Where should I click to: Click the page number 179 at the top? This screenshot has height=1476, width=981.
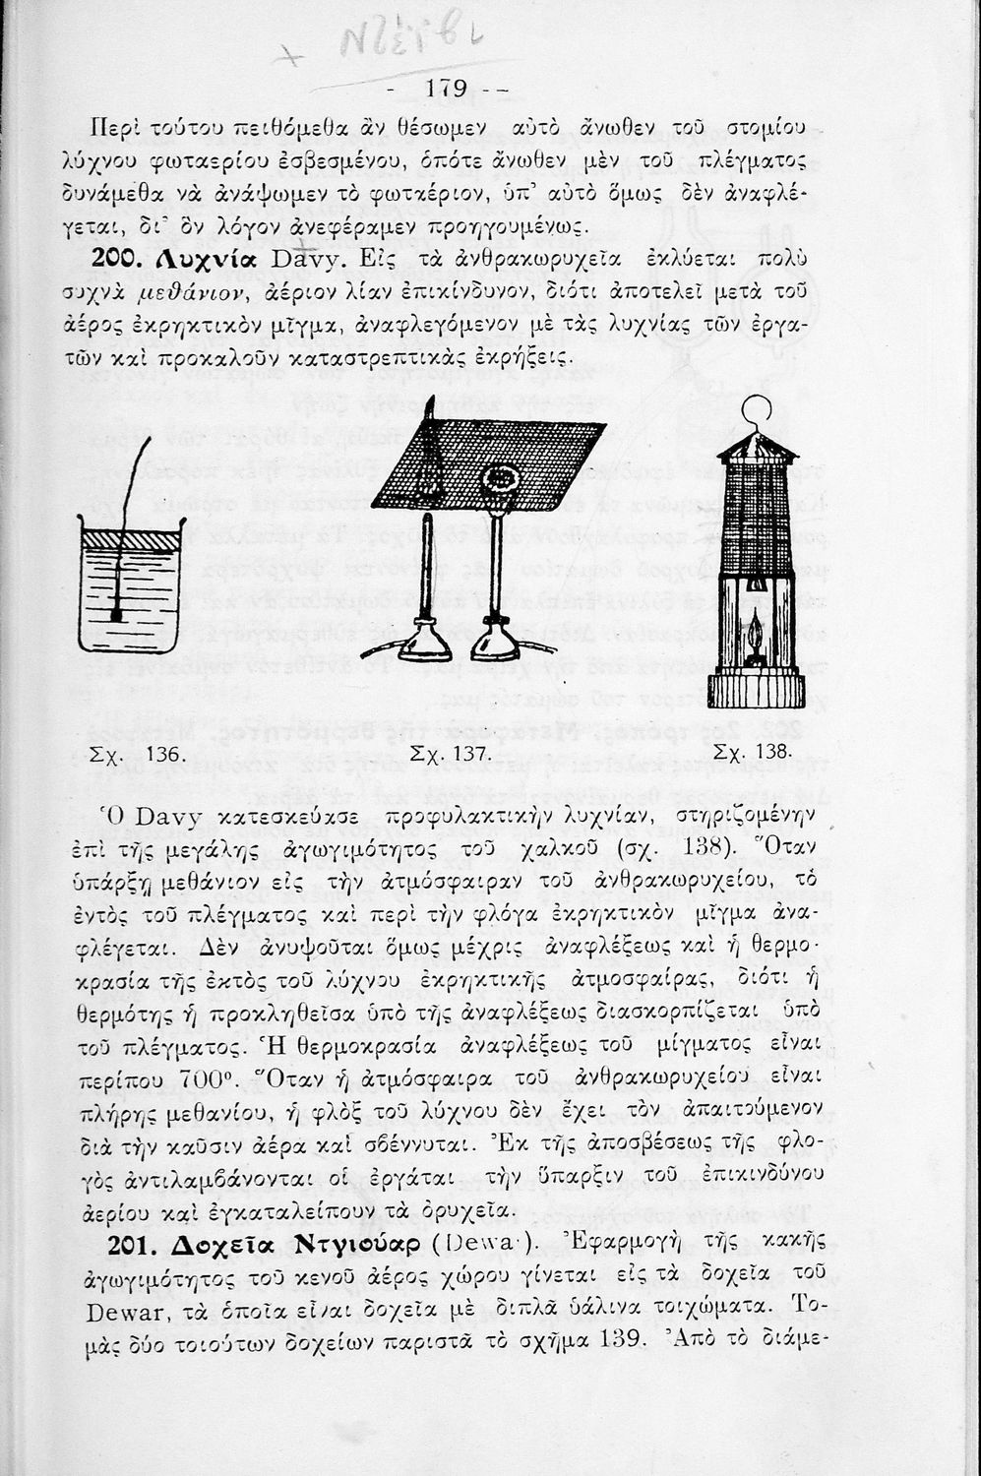446,89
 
